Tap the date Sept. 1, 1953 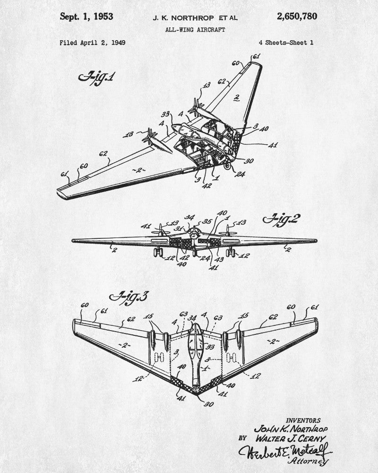pyautogui.click(x=86, y=17)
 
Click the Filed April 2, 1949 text pyautogui.click(x=93, y=43)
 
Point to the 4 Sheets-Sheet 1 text pyautogui.click(x=286, y=43)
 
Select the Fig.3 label pyautogui.click(x=129, y=297)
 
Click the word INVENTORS pyautogui.click(x=303, y=420)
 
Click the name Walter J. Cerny pyautogui.click(x=291, y=438)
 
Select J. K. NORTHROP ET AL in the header pyautogui.click(x=195, y=18)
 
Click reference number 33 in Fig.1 pyautogui.click(x=165, y=114)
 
